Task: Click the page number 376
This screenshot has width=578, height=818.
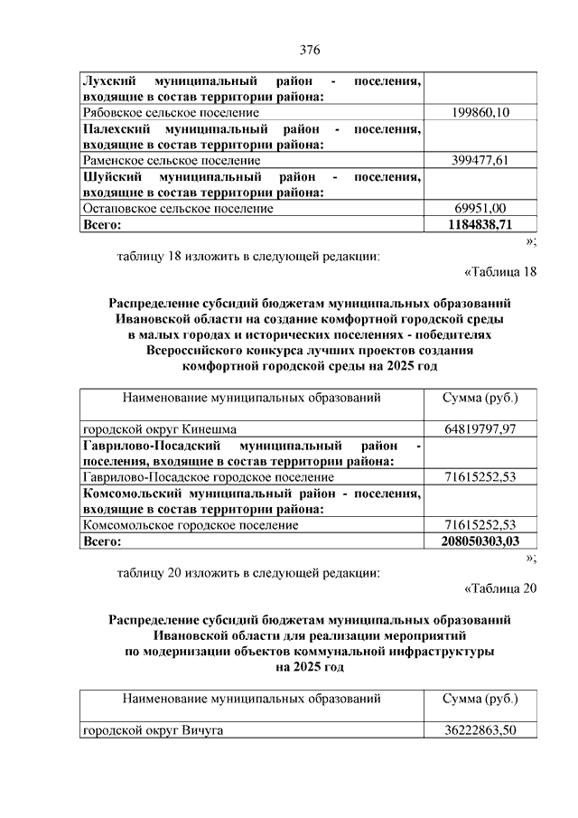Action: click(311, 49)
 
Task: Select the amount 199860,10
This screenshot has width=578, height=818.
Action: click(480, 112)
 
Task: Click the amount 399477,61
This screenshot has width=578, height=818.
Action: click(480, 161)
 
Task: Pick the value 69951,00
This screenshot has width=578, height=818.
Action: click(480, 209)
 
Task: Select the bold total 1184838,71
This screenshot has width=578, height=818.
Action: click(480, 224)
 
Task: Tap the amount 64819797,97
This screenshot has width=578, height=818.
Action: click(480, 428)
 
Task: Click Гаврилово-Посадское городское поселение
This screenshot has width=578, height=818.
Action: click(208, 476)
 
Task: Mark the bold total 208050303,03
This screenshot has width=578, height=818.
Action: click(480, 541)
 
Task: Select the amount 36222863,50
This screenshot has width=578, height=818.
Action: click(480, 730)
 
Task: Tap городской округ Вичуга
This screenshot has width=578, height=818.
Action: click(153, 730)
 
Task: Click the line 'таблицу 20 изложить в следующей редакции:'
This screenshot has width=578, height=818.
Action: click(248, 572)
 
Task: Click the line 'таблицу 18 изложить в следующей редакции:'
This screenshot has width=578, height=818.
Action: click(248, 256)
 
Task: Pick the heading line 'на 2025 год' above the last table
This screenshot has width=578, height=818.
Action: click(310, 667)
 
